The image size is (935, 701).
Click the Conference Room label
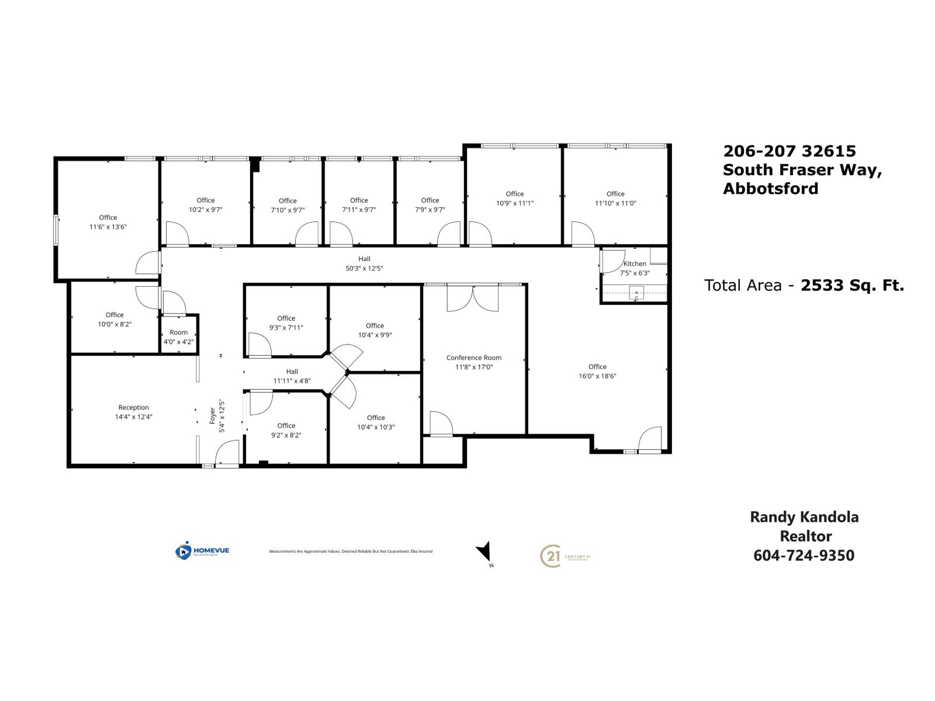pyautogui.click(x=474, y=358)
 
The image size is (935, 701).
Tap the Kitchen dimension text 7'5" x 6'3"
pyautogui.click(x=635, y=273)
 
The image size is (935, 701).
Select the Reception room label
pyautogui.click(x=133, y=407)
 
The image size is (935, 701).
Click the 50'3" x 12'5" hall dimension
pyautogui.click(x=364, y=269)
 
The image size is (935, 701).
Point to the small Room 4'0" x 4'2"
pyautogui.click(x=179, y=337)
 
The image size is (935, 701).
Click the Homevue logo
pyautogui.click(x=202, y=551)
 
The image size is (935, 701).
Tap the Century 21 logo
pyautogui.click(x=565, y=556)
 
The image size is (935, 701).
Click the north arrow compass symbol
pyautogui.click(x=484, y=551)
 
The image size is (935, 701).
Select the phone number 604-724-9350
pyautogui.click(x=804, y=555)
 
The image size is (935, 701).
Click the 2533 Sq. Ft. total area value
pyautogui.click(x=852, y=285)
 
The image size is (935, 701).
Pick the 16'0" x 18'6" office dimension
pyautogui.click(x=597, y=376)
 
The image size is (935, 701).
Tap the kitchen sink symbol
pyautogui.click(x=636, y=292)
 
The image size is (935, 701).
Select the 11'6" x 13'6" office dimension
pyautogui.click(x=108, y=227)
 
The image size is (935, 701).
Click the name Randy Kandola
pyautogui.click(x=804, y=517)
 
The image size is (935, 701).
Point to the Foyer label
pyautogui.click(x=213, y=415)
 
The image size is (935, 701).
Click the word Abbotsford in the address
pyautogui.click(x=770, y=189)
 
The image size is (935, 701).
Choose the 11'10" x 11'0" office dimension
pyautogui.click(x=615, y=203)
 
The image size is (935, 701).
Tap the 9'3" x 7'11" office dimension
pyautogui.click(x=286, y=328)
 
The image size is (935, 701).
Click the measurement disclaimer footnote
pyautogui.click(x=351, y=551)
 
